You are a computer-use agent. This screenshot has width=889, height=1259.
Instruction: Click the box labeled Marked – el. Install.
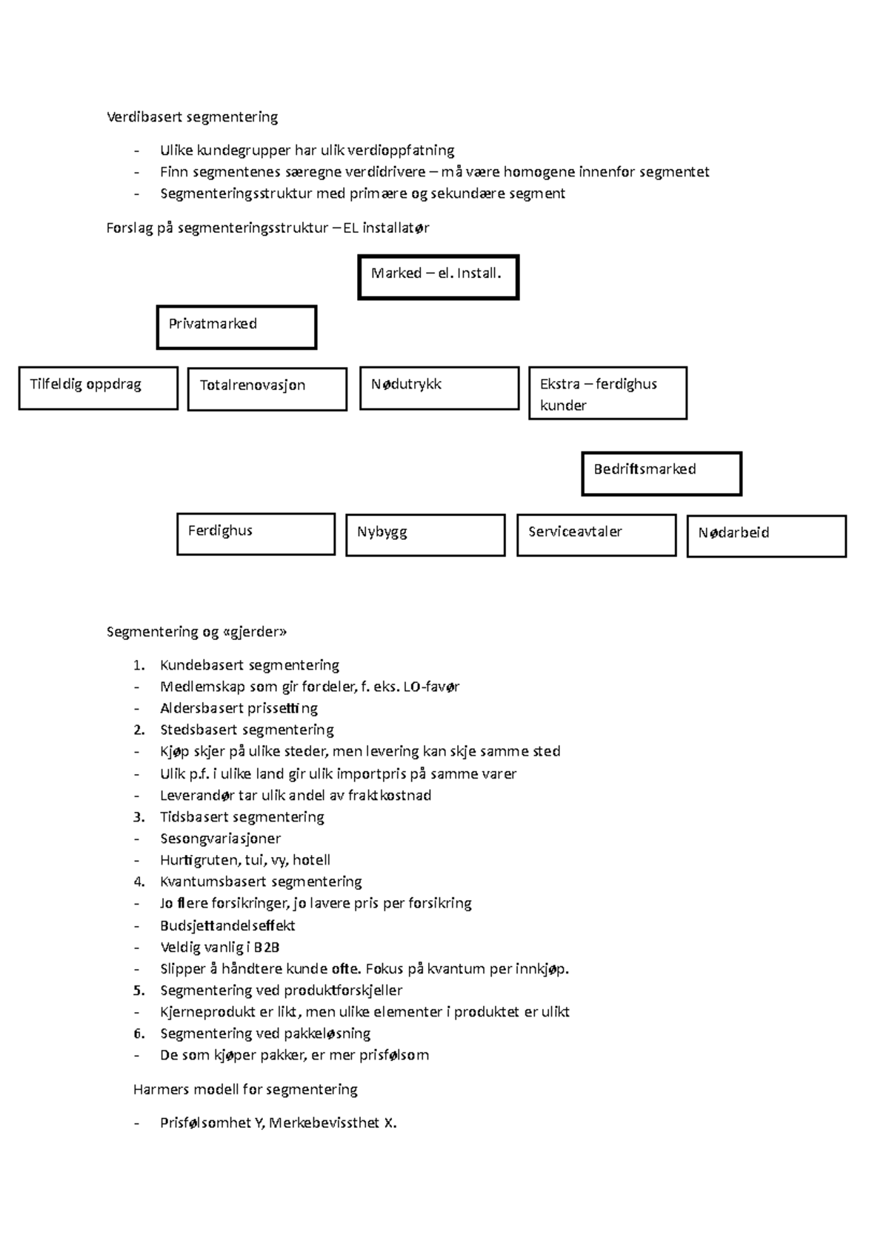coord(438,277)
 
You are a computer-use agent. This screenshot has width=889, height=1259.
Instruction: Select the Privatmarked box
coord(236,327)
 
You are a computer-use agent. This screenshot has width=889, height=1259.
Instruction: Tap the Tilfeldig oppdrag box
coord(99,388)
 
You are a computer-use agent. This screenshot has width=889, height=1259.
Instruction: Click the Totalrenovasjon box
coord(267,389)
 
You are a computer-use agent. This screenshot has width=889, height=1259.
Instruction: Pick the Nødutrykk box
coord(439,388)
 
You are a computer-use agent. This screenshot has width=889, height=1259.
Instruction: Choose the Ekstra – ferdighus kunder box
coord(607,394)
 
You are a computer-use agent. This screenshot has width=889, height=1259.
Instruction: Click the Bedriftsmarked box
coord(661,473)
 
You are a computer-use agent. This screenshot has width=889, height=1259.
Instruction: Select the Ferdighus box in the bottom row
coord(256,534)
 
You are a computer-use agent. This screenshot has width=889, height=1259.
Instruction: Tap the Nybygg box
coord(425,535)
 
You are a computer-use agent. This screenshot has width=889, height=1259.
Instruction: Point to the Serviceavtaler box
coord(596,535)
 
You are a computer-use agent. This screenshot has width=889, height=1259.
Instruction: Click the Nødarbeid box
coord(766,536)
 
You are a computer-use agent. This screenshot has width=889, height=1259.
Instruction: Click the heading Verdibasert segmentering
coord(192,117)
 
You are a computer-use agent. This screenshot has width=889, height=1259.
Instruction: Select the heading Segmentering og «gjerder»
coord(196,632)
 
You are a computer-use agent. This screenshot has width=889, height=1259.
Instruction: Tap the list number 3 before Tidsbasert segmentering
coord(139,817)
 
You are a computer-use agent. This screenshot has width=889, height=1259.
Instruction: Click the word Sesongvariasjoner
coord(220,839)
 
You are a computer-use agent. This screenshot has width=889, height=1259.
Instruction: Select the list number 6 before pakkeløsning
coord(139,1034)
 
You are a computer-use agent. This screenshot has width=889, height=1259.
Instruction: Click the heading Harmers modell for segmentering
coord(245,1089)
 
